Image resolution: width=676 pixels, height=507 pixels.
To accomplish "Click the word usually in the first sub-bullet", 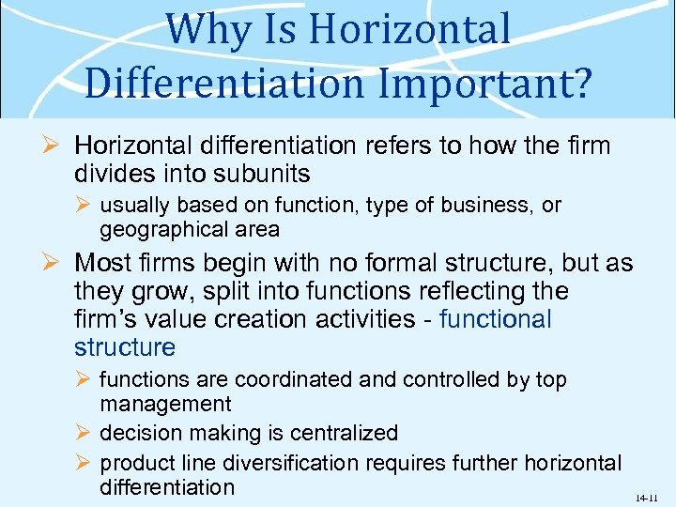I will [x=135, y=205].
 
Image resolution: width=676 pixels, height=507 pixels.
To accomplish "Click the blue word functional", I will [x=495, y=319].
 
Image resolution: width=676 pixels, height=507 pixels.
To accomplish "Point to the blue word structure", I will [x=125, y=347].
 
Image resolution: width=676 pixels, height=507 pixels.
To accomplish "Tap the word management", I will [x=165, y=404].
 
